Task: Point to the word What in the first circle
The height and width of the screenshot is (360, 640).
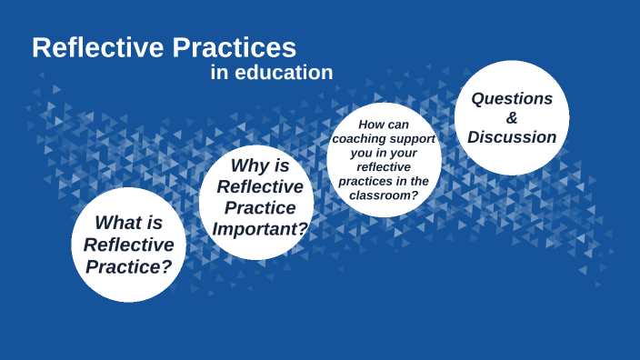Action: tap(115, 222)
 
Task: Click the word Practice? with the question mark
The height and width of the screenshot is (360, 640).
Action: tap(128, 266)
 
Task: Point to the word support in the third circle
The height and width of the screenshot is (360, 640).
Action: tap(411, 139)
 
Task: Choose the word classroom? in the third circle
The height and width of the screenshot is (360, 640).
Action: tap(390, 195)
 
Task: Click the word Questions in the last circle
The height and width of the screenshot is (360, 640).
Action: tap(511, 98)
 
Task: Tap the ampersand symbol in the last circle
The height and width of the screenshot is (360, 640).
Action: tap(512, 118)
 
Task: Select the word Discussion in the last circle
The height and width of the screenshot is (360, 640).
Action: tap(512, 138)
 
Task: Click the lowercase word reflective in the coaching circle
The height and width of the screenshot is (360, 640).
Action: tap(385, 167)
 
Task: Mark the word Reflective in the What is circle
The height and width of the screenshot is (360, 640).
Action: tap(128, 245)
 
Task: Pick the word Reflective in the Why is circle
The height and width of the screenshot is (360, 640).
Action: tap(259, 186)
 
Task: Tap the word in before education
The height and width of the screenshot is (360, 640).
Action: tap(218, 73)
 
